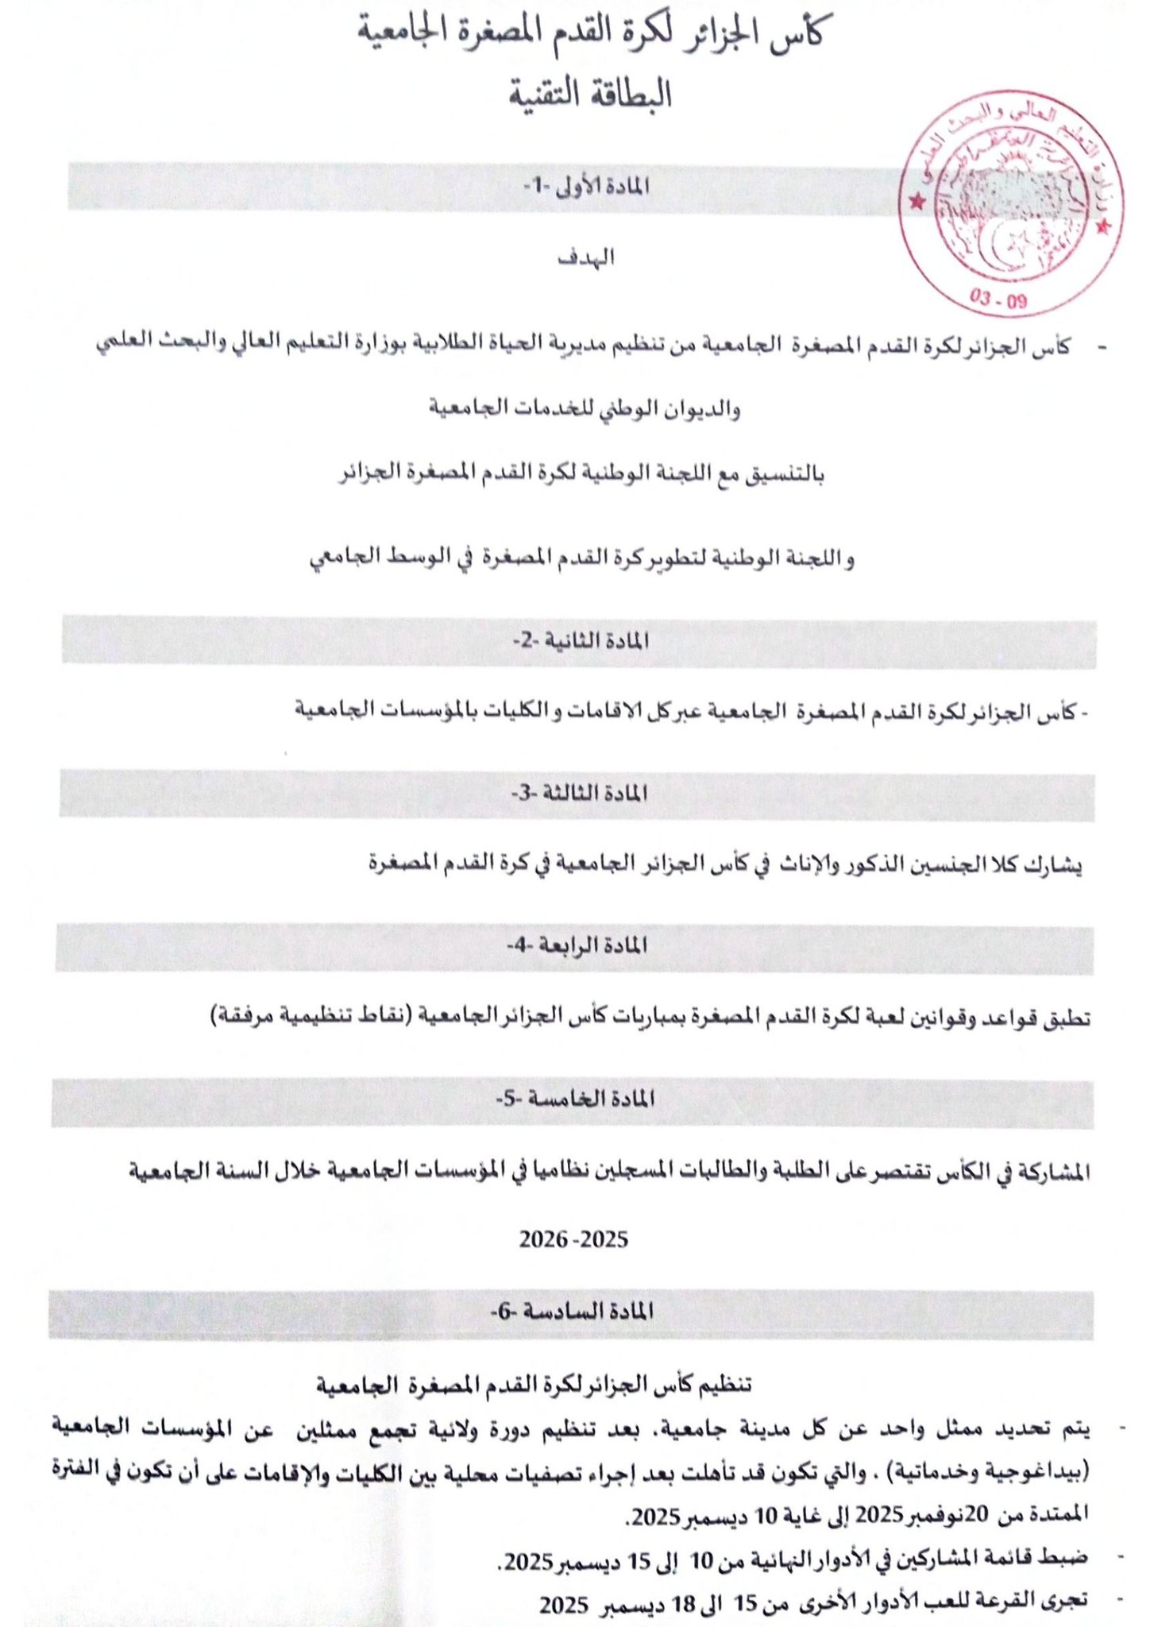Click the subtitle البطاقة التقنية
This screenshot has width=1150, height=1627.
pyautogui.click(x=592, y=95)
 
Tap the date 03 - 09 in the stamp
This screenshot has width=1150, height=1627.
pyautogui.click(x=998, y=300)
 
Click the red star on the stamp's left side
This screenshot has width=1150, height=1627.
pyautogui.click(x=917, y=202)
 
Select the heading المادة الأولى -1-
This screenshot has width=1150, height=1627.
pyautogui.click(x=586, y=186)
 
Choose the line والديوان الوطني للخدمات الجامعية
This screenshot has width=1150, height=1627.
pyautogui.click(x=585, y=409)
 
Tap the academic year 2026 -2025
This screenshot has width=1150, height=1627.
pyautogui.click(x=573, y=1239)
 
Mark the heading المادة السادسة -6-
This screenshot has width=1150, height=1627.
pyautogui.click(x=572, y=1311)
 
